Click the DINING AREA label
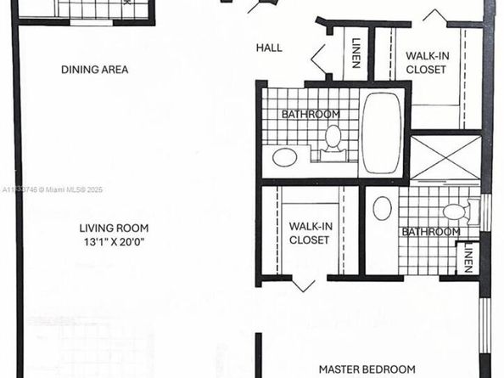[94, 69]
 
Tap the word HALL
[269, 48]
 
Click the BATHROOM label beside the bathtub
[311, 114]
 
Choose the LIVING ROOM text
[115, 228]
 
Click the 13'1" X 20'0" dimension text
[115, 241]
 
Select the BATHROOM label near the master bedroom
[431, 231]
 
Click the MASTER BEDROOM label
[367, 369]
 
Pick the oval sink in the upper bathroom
[284, 157]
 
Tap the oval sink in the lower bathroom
[383, 209]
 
